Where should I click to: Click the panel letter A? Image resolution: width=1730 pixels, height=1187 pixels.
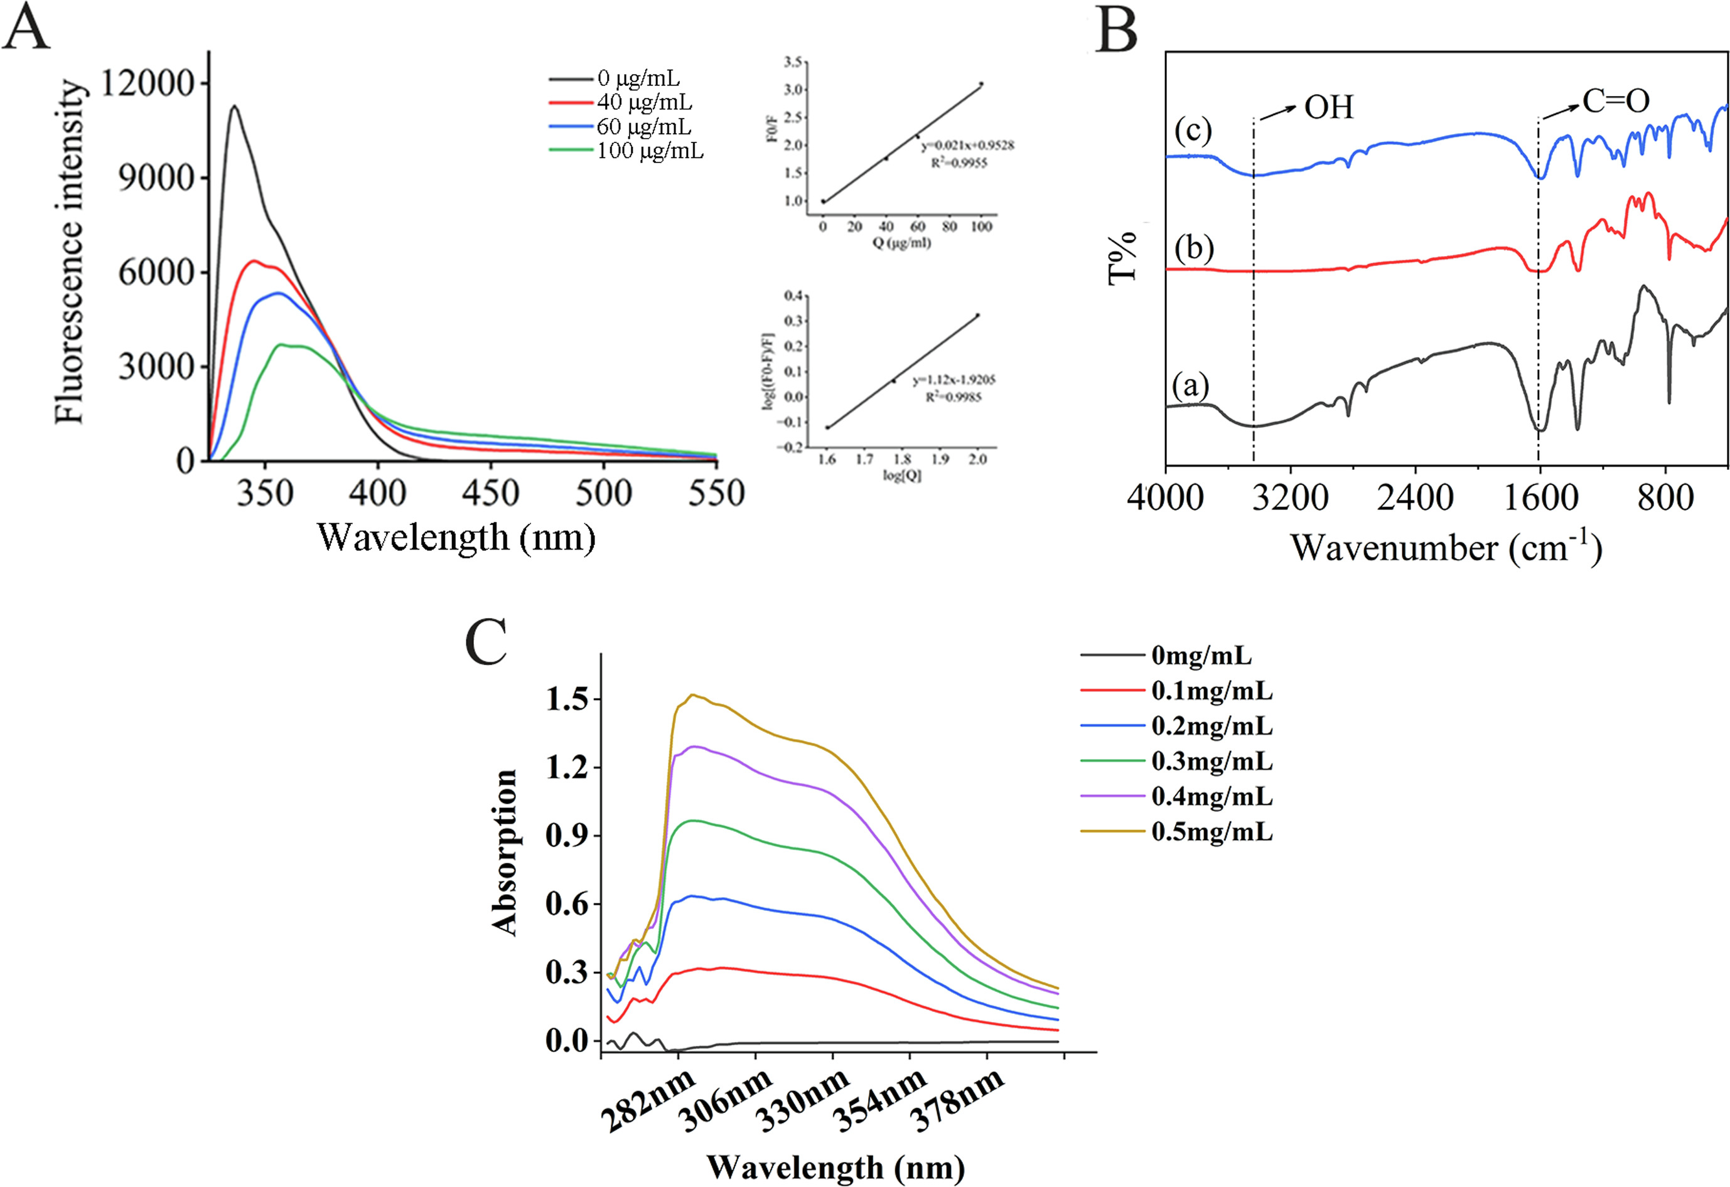pos(27,29)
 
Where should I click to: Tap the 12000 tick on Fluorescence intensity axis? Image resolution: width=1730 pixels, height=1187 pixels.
pos(148,83)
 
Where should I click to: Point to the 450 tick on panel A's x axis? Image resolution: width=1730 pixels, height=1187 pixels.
pos(490,492)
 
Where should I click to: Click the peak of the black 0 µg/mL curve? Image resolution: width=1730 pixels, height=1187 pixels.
pos(235,107)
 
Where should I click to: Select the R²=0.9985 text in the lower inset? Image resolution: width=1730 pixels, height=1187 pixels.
pos(954,397)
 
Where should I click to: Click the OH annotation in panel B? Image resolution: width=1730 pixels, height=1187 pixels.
pos(1328,108)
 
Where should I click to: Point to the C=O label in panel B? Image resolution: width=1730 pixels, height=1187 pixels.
pos(1615,101)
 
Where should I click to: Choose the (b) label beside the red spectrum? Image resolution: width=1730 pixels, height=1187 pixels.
pos(1194,248)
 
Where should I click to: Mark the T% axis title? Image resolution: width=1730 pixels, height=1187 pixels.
pos(1122,257)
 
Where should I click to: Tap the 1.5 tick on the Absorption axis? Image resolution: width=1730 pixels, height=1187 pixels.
pos(567,700)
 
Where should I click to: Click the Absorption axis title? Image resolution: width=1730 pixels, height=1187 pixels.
pos(505,852)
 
